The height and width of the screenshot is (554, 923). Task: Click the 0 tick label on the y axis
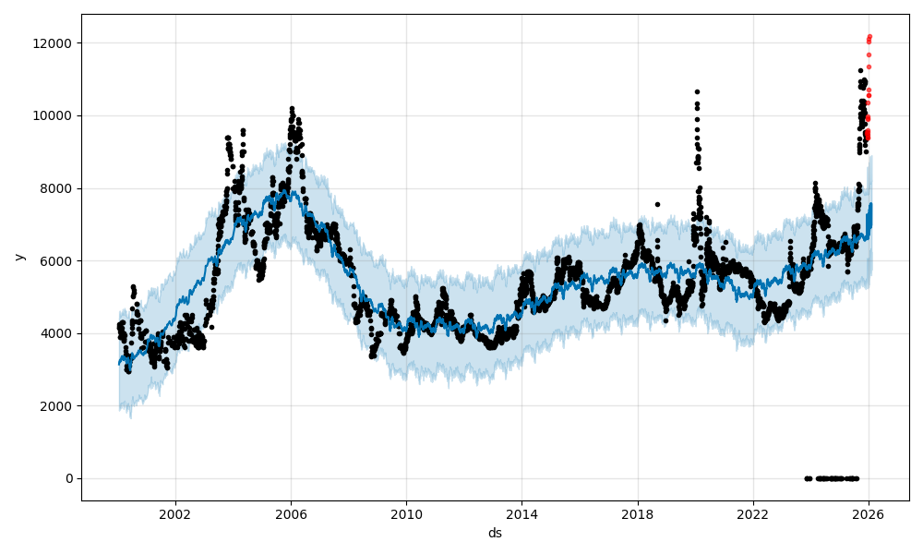tap(69, 478)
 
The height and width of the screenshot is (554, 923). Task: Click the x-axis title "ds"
tap(495, 533)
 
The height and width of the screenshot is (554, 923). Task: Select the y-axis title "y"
tap(18, 257)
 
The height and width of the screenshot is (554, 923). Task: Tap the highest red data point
tap(869, 37)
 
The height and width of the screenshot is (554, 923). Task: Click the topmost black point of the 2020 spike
tap(697, 91)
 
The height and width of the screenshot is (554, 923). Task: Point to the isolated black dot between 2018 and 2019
tap(657, 204)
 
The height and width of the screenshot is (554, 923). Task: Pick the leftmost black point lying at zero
tap(806, 478)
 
